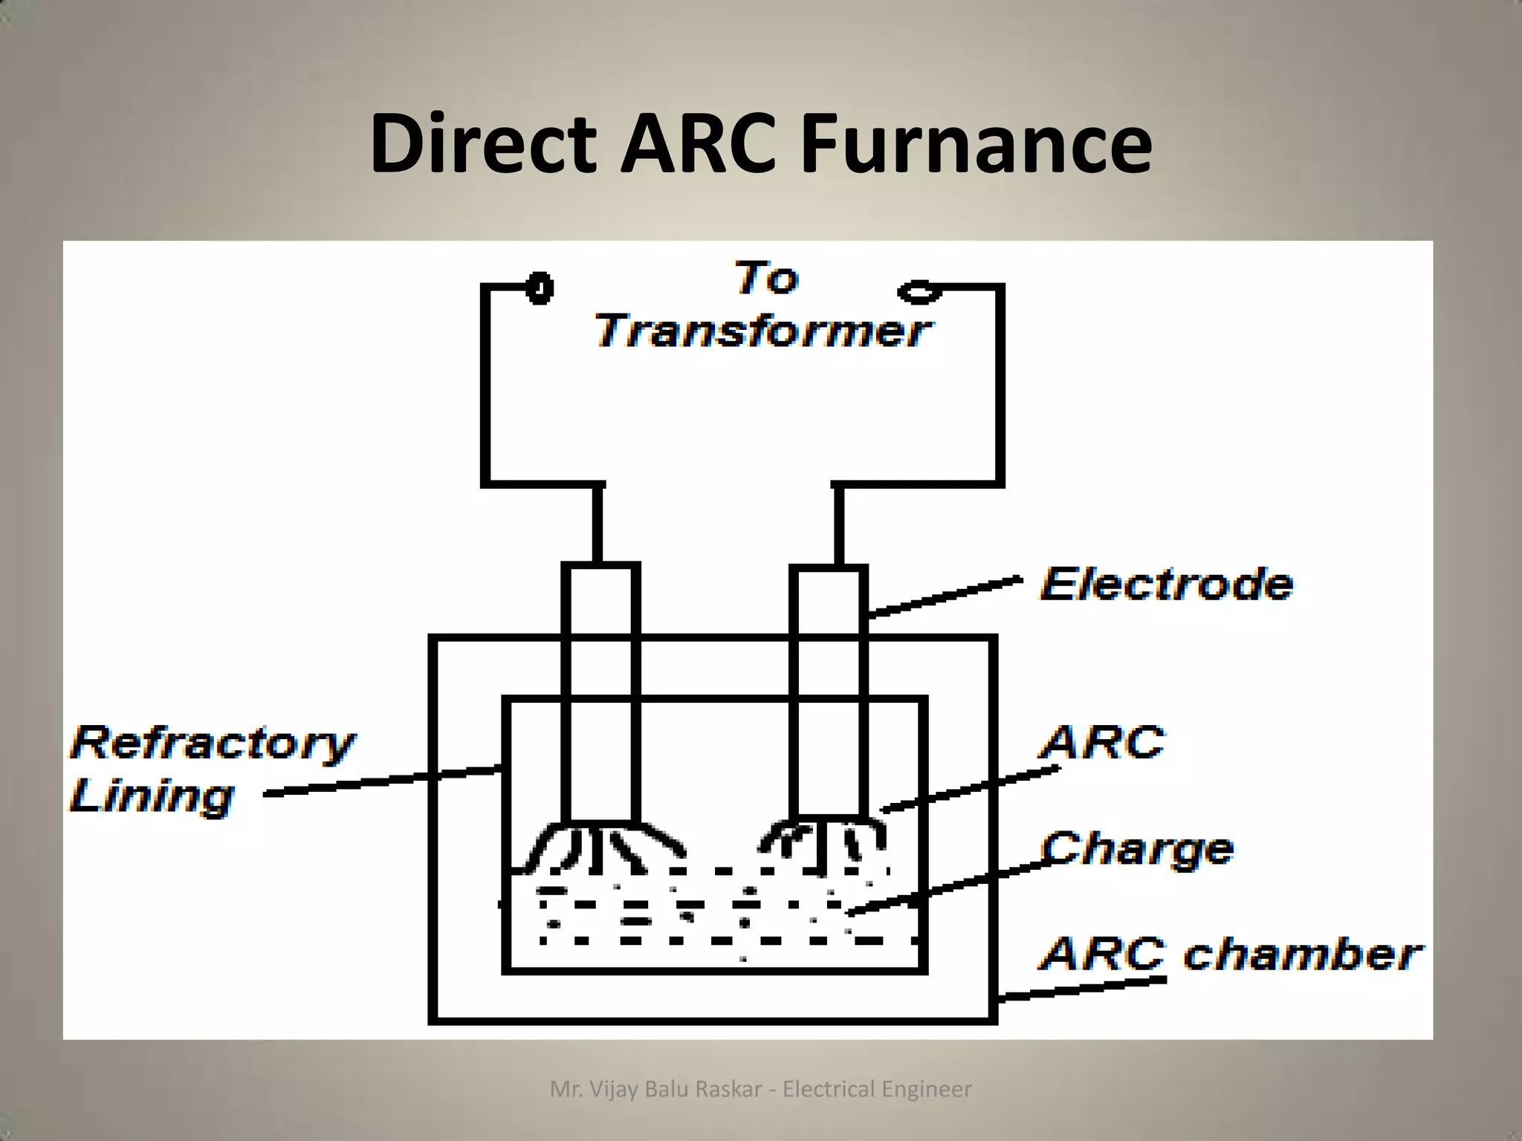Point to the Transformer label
tap(762, 331)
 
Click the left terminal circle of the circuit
tap(540, 288)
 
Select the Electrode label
tap(1166, 584)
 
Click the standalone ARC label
tap(1103, 742)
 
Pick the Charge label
tap(1136, 848)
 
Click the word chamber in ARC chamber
tap(1302, 954)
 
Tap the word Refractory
tap(213, 743)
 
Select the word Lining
tap(152, 796)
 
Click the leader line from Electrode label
tap(944, 598)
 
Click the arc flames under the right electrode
tap(825, 844)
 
